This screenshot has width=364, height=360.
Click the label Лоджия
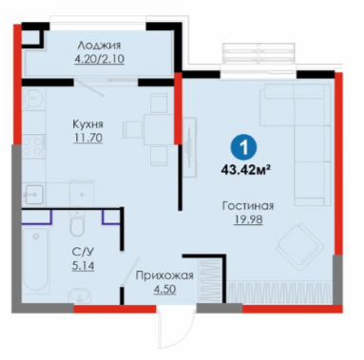pos(99,46)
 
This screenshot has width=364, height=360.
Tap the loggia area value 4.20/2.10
pos(99,59)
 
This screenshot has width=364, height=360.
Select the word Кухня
pos(88,124)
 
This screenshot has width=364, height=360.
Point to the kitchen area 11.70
pos(88,138)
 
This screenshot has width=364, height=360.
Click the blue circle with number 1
pos(243,147)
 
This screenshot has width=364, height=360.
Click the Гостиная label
pos(248,206)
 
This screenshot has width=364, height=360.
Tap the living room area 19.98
pos(248,219)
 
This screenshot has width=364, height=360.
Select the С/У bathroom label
pos(83,252)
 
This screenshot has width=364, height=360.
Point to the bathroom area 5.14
pos(83,266)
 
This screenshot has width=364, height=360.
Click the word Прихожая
pos(164,275)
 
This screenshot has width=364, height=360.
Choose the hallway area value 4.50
pos(164,289)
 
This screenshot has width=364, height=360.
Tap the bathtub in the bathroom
pos(35,259)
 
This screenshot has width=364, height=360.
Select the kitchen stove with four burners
pos(33,146)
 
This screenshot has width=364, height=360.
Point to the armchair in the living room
pos(299,244)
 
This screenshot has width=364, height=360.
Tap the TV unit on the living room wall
pos(189,147)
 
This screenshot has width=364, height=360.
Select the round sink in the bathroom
pos(78,296)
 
